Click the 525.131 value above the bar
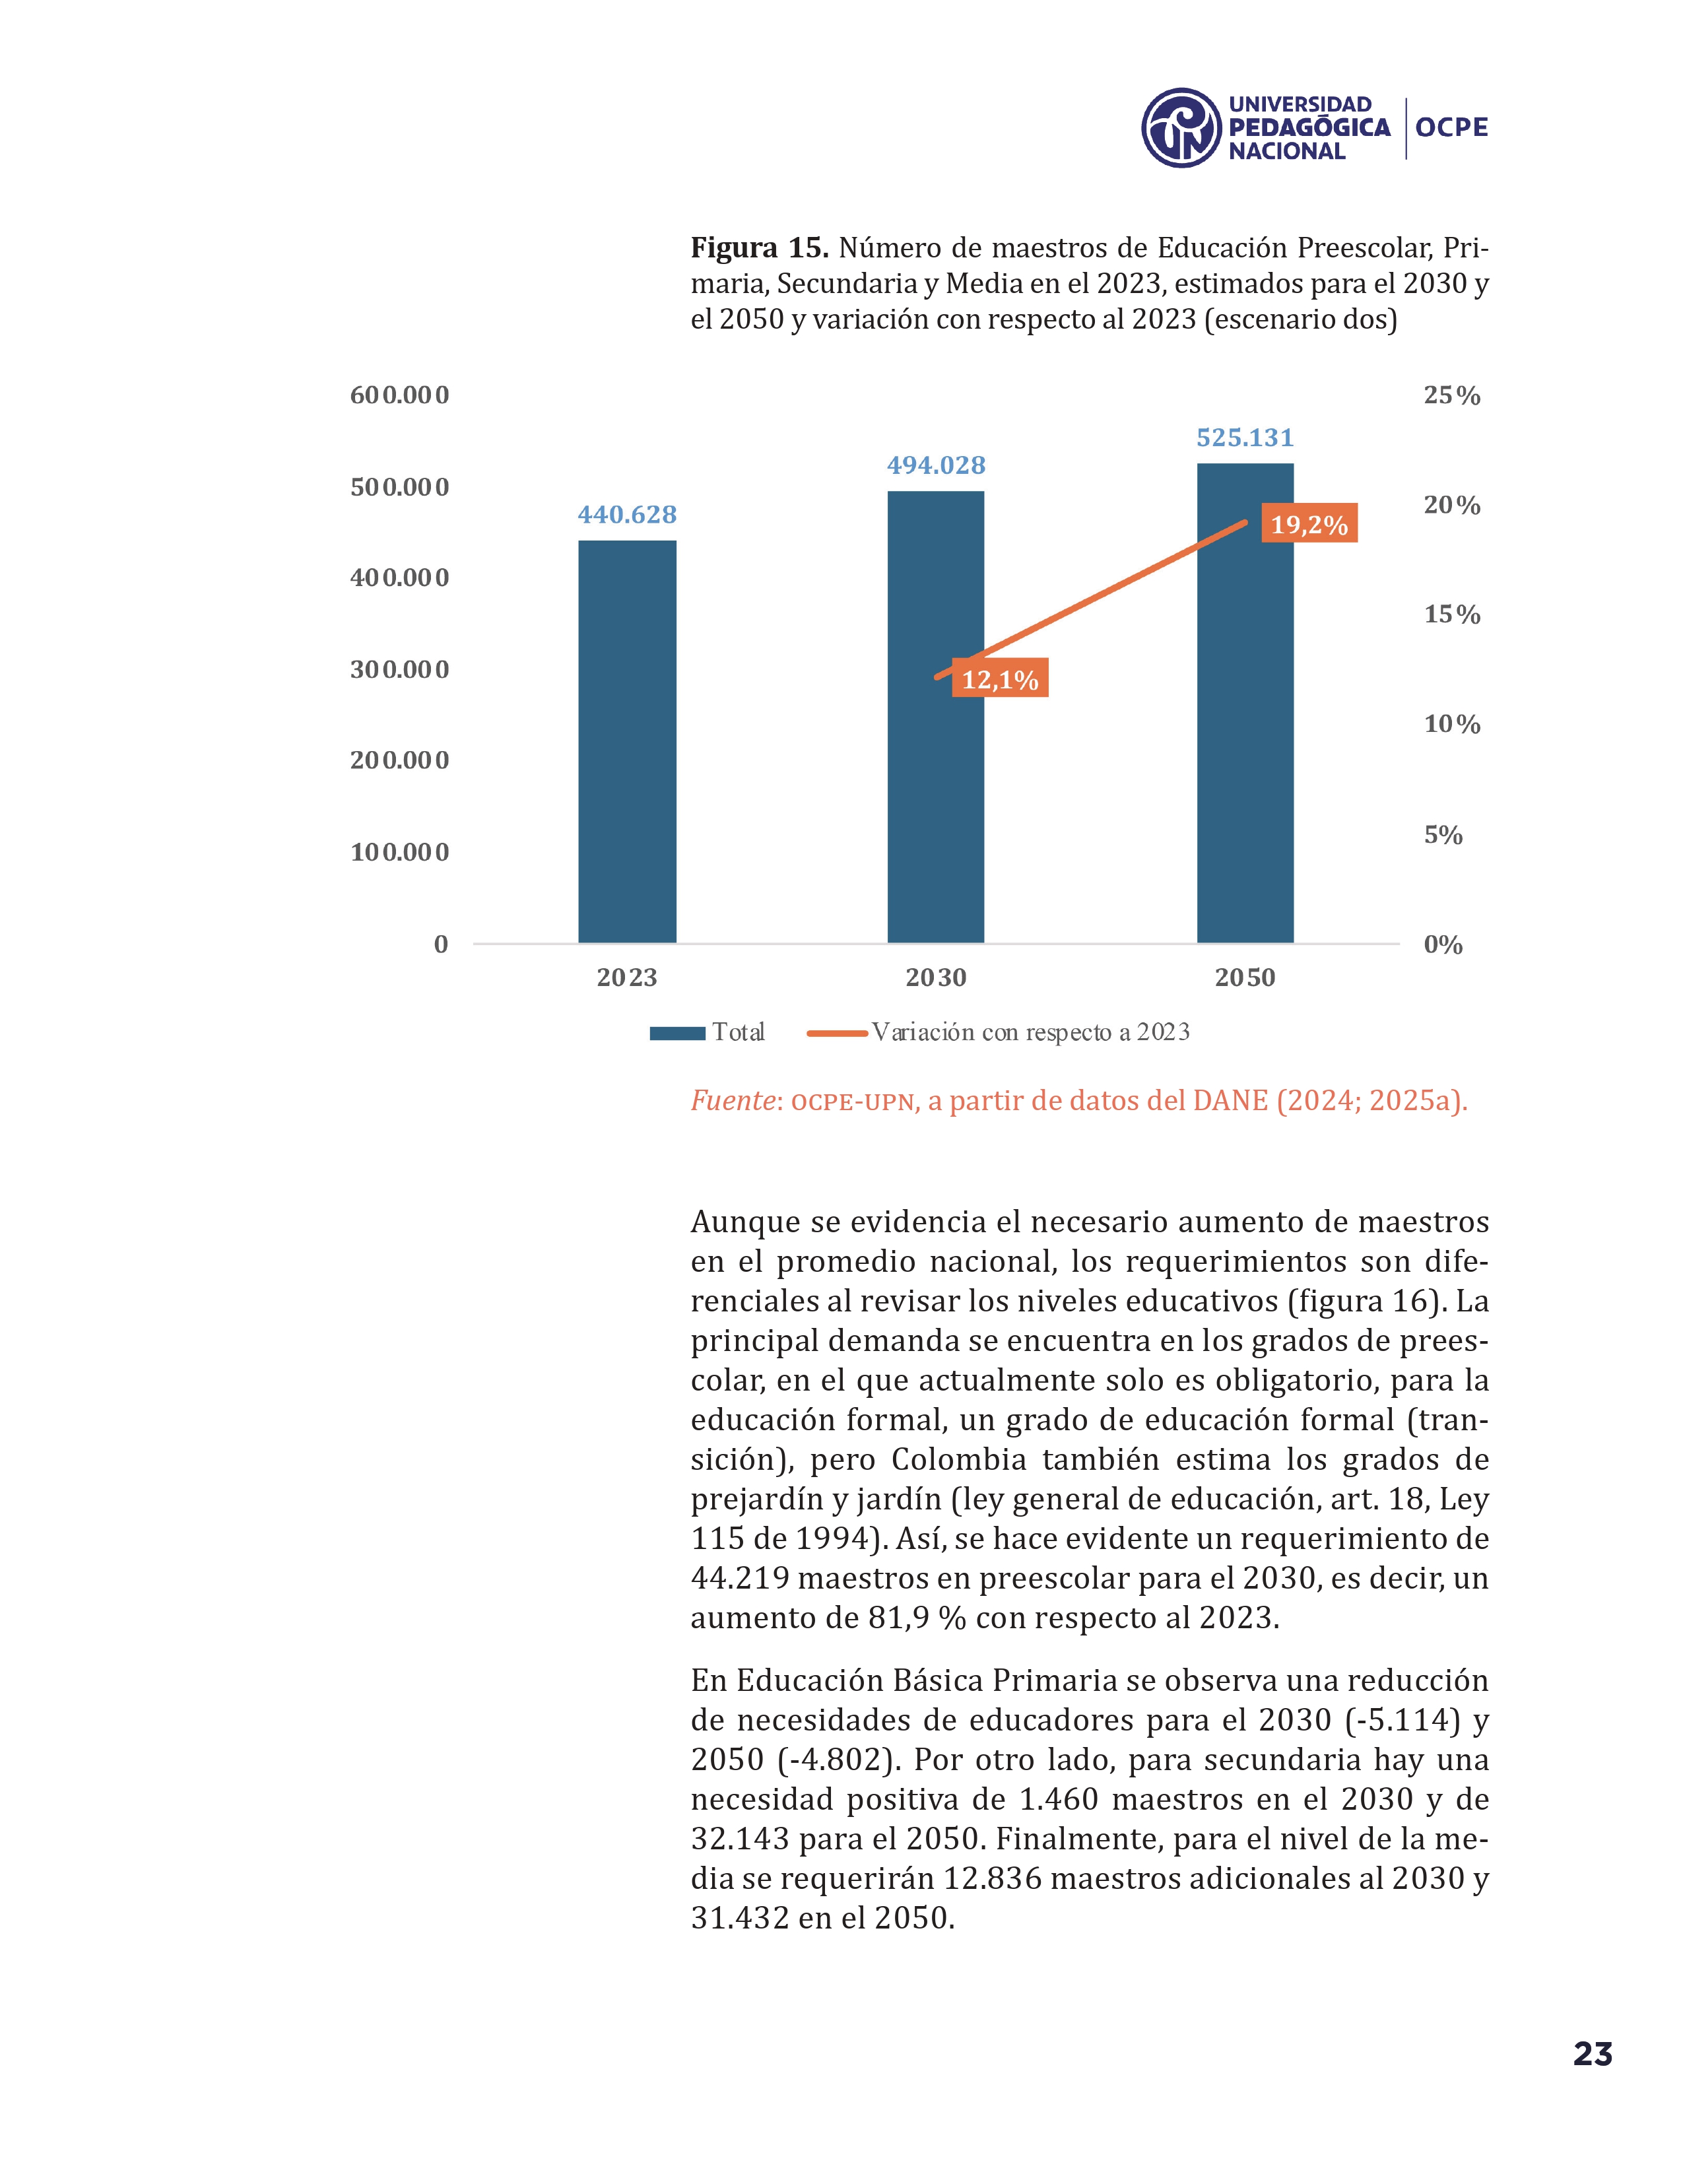click(1244, 438)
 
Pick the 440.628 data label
click(627, 515)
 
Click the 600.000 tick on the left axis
click(399, 395)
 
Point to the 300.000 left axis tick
click(399, 669)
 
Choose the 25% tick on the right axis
click(1451, 396)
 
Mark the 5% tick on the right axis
click(1443, 835)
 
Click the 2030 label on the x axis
click(935, 977)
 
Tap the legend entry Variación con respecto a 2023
click(999, 1032)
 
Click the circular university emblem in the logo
click(1181, 127)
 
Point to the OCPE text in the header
click(1451, 127)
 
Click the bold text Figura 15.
click(759, 247)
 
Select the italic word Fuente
click(733, 1101)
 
